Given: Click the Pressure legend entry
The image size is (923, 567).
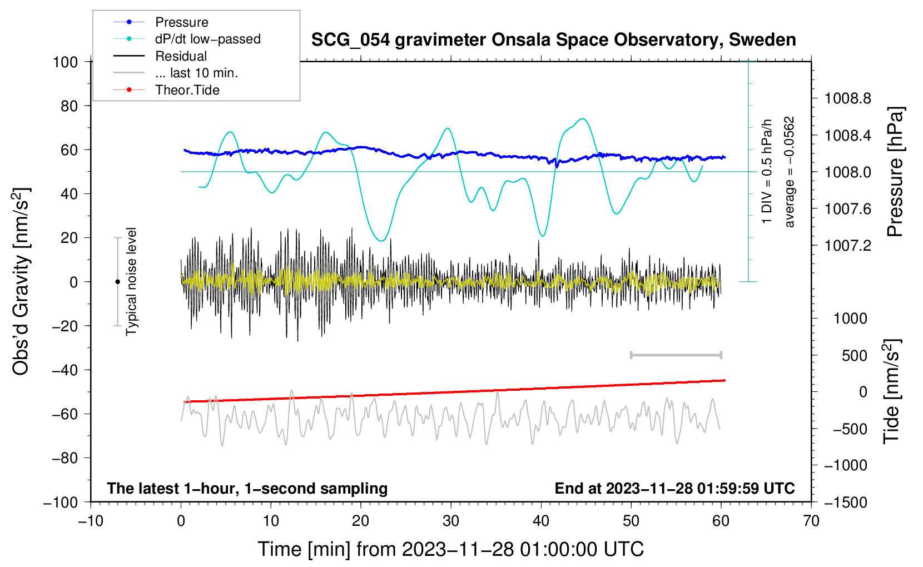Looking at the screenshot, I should pos(181,22).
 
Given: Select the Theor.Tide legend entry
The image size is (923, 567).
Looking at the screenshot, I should pos(187,90).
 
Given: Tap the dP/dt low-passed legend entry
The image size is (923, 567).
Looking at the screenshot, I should pos(207,39).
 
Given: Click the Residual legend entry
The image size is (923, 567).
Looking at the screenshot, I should pos(181,56).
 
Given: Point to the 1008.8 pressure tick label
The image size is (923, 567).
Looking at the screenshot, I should pos(847,99).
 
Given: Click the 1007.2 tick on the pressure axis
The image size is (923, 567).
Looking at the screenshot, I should pos(847,246).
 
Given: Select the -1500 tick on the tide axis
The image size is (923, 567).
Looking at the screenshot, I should pos(845,502).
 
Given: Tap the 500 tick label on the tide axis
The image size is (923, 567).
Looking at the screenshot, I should pos(855,356).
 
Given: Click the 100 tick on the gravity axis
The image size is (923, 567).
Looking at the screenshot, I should pos(65,62).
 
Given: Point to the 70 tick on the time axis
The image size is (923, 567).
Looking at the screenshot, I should pos(811,521).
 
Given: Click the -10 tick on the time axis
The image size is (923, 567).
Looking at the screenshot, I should pos(91,521).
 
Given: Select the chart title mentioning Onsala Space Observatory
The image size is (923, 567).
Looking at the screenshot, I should pos(553,40).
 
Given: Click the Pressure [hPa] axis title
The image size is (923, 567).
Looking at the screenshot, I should pos(895,172).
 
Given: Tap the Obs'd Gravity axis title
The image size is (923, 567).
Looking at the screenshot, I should pos(21,282).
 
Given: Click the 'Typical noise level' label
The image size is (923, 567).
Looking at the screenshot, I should pos(131,282).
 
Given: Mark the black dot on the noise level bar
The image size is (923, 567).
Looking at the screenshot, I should pos(117,282).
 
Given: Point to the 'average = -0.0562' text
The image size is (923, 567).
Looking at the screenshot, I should pos(790,172).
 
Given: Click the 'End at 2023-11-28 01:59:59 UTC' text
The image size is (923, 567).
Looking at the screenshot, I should pos(674,489).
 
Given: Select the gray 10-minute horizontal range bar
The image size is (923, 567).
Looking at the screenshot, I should pos(676,355).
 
